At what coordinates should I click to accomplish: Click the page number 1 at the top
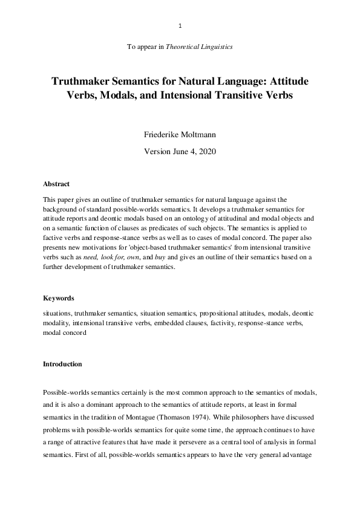click(180, 25)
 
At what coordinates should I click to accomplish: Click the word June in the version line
click(178, 152)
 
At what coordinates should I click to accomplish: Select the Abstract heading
click(56, 184)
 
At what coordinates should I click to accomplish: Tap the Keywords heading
click(59, 298)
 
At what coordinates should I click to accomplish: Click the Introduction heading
click(62, 364)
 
